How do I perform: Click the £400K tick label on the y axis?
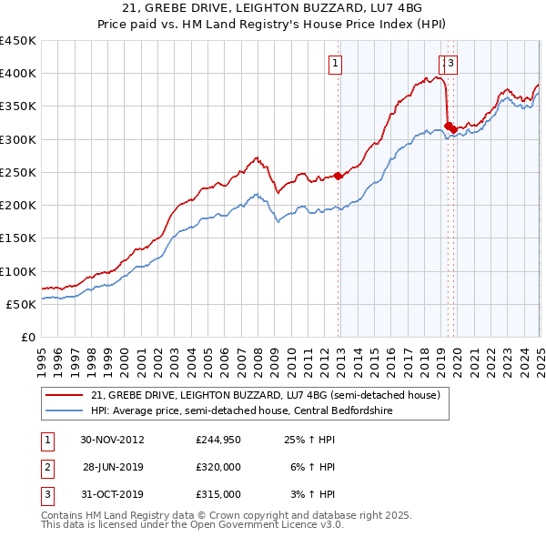18,74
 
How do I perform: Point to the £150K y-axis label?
18,238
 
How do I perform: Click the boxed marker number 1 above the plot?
336,64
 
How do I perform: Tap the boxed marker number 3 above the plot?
451,64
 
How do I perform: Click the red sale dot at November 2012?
338,176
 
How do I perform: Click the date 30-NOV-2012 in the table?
113,440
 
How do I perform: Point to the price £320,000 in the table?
218,467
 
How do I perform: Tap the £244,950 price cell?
218,440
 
